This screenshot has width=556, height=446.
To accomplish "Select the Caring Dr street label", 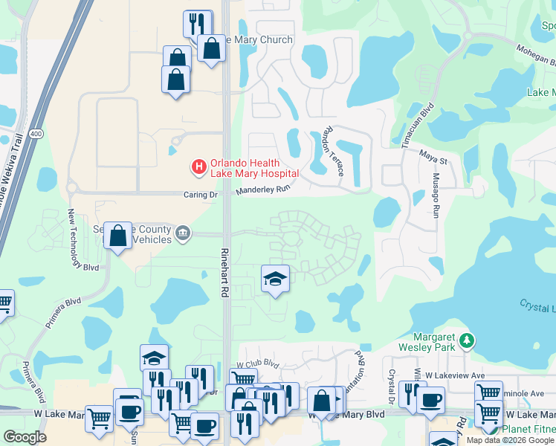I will click(199, 195).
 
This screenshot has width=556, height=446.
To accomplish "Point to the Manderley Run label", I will click(262, 191).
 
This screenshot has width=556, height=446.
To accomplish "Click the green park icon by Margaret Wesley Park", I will click(467, 340).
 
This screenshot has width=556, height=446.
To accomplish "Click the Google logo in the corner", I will click(25, 437).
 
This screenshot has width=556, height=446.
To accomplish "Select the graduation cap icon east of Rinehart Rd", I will click(275, 279).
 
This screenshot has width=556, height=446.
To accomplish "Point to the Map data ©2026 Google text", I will click(509, 440).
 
